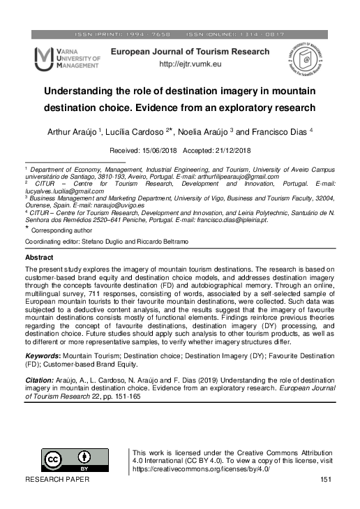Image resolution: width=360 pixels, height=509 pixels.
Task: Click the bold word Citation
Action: [x=40, y=380]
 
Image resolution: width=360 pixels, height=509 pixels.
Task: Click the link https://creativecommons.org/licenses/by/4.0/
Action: [x=201, y=469]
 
